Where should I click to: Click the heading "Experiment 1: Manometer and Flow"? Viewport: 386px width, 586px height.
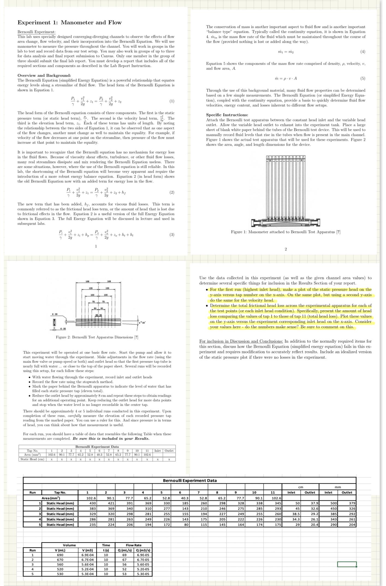coord(69,22)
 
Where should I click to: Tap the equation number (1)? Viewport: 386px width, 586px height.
coord(172,101)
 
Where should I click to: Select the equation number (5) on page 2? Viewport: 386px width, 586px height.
coord(363,78)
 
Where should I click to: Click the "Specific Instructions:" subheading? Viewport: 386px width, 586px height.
coord(227,115)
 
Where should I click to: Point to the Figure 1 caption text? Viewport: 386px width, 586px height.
coord(286,232)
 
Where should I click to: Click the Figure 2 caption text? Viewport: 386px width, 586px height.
coord(97,337)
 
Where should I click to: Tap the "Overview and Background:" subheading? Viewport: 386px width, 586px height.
coord(44,75)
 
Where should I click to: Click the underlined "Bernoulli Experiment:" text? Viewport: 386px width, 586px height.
coord(36,32)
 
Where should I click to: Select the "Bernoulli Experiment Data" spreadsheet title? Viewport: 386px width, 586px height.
coord(190,480)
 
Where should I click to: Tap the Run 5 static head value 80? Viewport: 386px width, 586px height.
coord(186,525)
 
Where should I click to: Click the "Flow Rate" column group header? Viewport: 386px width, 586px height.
coord(133,545)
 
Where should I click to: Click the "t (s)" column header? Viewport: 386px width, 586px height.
coord(106,550)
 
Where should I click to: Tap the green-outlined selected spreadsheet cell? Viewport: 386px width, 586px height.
coord(347,564)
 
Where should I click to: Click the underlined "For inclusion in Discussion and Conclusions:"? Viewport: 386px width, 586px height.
coord(241,341)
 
